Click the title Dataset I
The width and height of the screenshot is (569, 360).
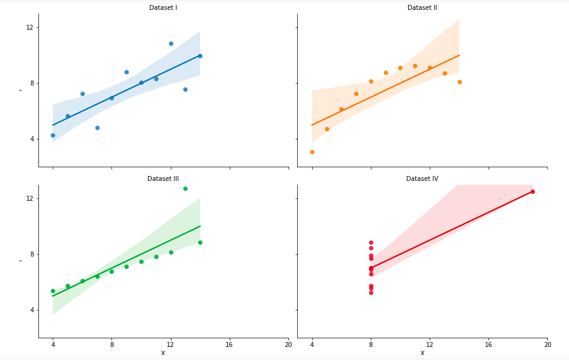coord(163,7)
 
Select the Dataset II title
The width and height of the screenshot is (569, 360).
coord(422,7)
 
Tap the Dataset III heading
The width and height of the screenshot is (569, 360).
coord(163,178)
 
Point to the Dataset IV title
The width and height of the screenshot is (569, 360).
coord(422,178)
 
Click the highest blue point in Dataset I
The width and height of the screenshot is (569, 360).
coord(171,43)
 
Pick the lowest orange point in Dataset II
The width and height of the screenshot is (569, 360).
coord(312,152)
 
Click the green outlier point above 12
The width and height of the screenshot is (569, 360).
coord(185,188)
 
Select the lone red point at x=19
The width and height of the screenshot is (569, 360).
coord(532,191)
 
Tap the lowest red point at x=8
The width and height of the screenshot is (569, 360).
coord(371,292)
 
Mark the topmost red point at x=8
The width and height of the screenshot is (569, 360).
coord(371,242)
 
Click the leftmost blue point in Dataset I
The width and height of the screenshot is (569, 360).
coord(53,135)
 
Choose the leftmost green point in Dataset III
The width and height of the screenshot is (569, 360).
coord(53,291)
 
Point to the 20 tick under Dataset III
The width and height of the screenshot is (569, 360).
coord(288,345)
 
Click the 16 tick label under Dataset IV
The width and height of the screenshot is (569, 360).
coord(489,345)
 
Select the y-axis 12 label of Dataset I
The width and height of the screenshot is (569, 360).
coord(29,27)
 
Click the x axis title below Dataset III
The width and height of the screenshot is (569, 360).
coord(163,353)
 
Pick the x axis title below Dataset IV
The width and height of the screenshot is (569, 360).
coord(422,353)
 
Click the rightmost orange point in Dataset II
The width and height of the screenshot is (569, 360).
coord(459,82)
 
